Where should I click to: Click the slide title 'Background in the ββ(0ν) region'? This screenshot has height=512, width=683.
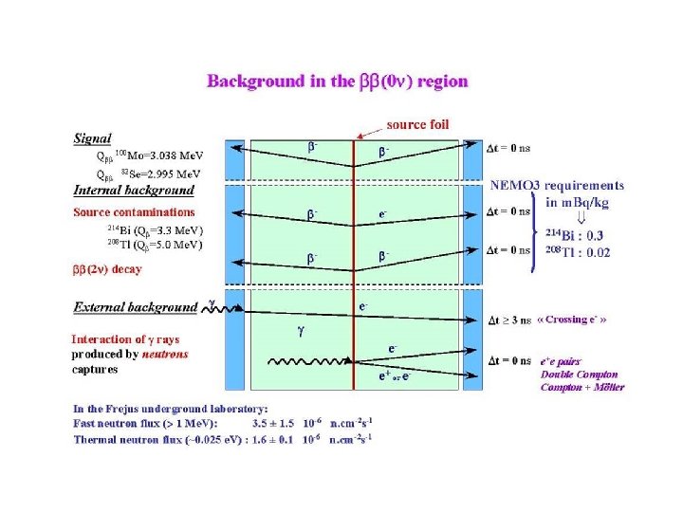337,81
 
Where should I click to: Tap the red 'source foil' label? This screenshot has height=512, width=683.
417,124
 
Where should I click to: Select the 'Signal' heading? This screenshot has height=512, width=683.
92,138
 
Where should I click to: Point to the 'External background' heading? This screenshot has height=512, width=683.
135,307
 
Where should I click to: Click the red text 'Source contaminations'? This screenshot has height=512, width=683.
134,212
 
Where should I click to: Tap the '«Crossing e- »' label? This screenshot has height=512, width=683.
571,320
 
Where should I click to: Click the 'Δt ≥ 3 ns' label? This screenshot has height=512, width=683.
510,320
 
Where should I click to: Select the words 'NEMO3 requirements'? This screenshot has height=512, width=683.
557,186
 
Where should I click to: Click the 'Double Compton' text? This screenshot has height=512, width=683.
579,374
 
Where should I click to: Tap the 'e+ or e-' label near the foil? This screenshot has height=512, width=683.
393,376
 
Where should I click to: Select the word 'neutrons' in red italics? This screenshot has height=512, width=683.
165,354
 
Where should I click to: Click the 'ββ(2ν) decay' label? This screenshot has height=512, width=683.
107,269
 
